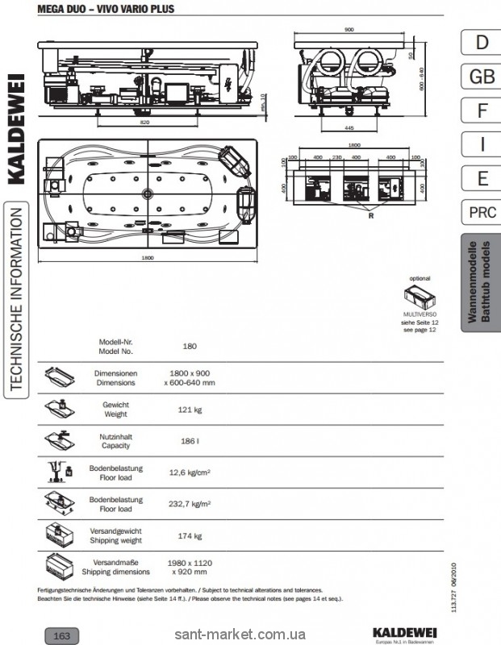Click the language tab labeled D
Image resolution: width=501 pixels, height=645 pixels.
click(x=481, y=42)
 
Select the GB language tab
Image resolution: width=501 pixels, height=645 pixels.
click(x=481, y=77)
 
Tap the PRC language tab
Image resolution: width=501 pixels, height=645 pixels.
click(x=481, y=214)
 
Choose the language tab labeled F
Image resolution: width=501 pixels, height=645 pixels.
click(x=481, y=110)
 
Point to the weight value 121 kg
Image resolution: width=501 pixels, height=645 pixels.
click(x=190, y=410)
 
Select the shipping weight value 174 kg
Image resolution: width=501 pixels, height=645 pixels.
click(x=190, y=535)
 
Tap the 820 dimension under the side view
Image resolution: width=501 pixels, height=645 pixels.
click(x=144, y=123)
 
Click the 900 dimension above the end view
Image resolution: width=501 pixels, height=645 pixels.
click(x=349, y=29)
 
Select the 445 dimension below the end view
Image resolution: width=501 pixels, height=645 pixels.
click(x=350, y=127)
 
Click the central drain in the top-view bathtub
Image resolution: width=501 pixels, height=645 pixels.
click(x=148, y=193)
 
